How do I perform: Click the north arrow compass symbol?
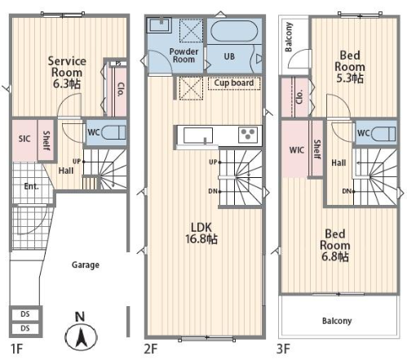[81, 337]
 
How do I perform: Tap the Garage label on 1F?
[86, 265]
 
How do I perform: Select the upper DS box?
[25, 314]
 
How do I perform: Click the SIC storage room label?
[24, 139]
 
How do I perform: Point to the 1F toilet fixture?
[113, 133]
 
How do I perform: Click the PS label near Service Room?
[118, 64]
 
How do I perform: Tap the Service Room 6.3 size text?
[67, 84]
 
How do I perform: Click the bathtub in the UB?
[234, 31]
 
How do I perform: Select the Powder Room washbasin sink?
[159, 25]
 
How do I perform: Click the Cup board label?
[234, 82]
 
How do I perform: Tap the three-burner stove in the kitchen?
[247, 136]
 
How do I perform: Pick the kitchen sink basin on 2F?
[198, 136]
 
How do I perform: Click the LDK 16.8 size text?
[201, 239]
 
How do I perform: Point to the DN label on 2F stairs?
[212, 191]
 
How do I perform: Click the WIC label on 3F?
[297, 150]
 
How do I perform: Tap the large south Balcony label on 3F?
[337, 321]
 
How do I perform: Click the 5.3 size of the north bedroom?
[350, 78]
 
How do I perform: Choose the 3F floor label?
[283, 349]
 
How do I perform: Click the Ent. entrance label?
[31, 186]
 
